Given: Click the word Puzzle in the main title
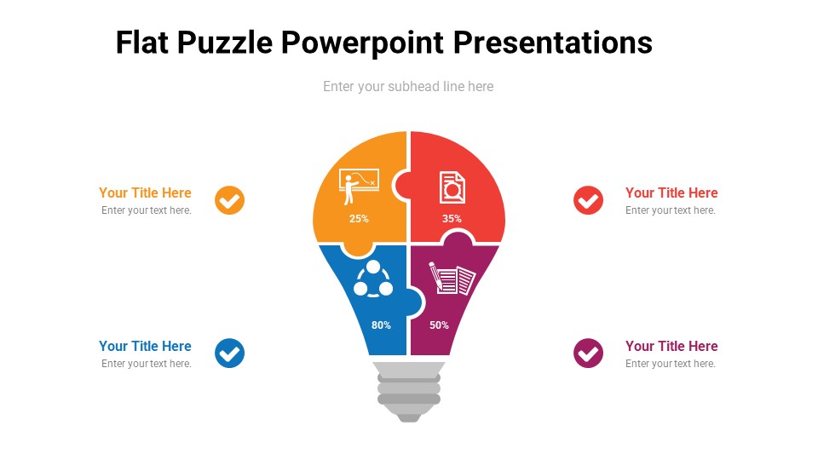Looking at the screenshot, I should (x=224, y=43).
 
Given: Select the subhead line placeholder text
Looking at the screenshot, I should (x=408, y=86).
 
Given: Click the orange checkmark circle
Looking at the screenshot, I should (x=230, y=200).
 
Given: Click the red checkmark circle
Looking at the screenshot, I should (x=588, y=200).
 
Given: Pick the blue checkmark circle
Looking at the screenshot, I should (x=230, y=353).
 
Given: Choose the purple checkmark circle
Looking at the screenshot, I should (x=588, y=353).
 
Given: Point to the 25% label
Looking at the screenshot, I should (x=359, y=219).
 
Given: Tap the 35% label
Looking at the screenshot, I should (x=452, y=219).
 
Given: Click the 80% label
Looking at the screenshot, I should (x=381, y=325).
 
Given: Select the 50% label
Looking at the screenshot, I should (x=439, y=325).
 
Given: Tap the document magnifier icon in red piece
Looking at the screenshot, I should (x=452, y=187).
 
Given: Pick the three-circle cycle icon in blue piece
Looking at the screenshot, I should (x=373, y=279).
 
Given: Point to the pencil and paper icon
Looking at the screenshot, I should (x=452, y=279).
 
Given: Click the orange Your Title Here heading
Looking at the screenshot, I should (x=145, y=193).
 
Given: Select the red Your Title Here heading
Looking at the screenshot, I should (x=671, y=193).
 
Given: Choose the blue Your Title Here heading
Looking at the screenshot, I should (x=145, y=347).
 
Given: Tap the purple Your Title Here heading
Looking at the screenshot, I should (x=671, y=347).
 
